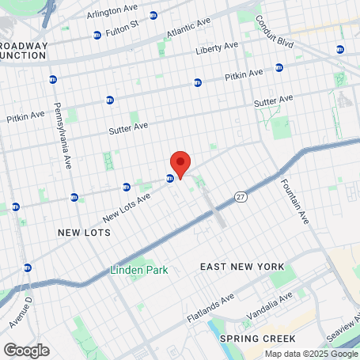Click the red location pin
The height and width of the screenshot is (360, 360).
tap(180, 163)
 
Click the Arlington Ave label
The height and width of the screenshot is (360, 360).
tap(112, 10)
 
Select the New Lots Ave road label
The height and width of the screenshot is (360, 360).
tap(126, 210)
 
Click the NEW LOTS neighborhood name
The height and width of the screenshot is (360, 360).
tap(82, 233)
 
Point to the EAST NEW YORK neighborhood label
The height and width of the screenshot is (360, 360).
tap(241, 267)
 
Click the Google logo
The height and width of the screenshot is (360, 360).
tap(26, 350)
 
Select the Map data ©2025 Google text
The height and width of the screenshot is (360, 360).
tap(310, 354)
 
